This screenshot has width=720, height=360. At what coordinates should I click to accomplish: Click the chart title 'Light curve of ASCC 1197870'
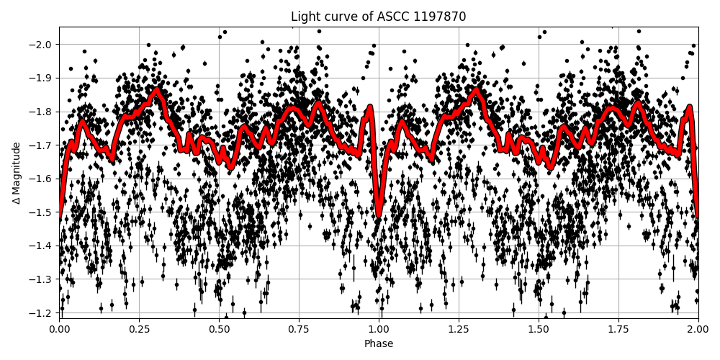pyautogui.click(x=378, y=17)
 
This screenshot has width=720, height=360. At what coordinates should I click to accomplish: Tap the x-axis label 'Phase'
pyautogui.click(x=378, y=344)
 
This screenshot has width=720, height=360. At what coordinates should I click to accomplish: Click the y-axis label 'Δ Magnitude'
pyautogui.click(x=16, y=173)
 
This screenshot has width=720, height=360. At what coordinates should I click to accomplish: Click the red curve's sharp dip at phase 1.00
pyautogui.click(x=379, y=213)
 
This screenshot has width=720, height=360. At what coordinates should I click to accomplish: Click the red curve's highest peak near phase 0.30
pyautogui.click(x=156, y=91)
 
